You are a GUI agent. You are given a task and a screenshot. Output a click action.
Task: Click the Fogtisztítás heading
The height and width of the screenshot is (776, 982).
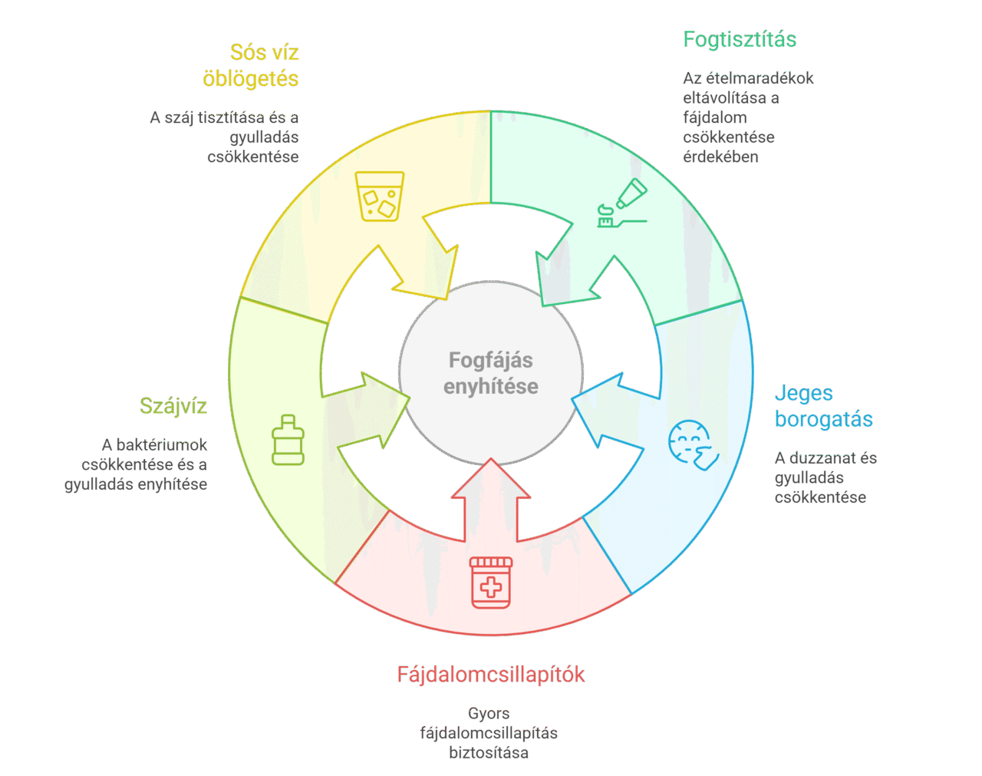740,39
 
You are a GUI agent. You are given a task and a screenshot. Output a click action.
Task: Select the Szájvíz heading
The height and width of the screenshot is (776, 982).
173,406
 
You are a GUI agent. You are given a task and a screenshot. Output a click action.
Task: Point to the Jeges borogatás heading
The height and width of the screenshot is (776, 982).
824,406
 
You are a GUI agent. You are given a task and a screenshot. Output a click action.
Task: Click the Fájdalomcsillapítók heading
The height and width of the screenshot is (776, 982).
490,675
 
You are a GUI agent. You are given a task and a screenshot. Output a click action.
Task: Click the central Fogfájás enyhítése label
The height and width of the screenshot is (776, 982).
491,373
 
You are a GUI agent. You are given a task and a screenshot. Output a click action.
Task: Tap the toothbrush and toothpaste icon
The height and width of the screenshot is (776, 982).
622,203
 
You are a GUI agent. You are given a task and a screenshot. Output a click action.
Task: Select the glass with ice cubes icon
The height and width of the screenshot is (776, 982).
380,196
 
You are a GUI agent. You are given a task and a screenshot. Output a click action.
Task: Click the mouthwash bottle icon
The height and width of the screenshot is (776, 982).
288,440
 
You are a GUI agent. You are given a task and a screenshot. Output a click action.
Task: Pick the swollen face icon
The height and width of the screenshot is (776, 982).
694,445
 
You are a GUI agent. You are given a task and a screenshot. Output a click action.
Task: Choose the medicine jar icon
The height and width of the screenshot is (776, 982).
491,583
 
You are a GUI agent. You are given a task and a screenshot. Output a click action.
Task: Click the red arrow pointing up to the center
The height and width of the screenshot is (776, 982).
491,500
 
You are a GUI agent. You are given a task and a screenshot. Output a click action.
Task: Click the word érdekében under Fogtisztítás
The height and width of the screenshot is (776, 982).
720,157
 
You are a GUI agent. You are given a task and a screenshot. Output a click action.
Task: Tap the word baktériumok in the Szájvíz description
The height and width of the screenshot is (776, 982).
162,444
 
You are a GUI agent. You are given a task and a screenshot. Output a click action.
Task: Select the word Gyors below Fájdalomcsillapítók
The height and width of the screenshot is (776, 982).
489,714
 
